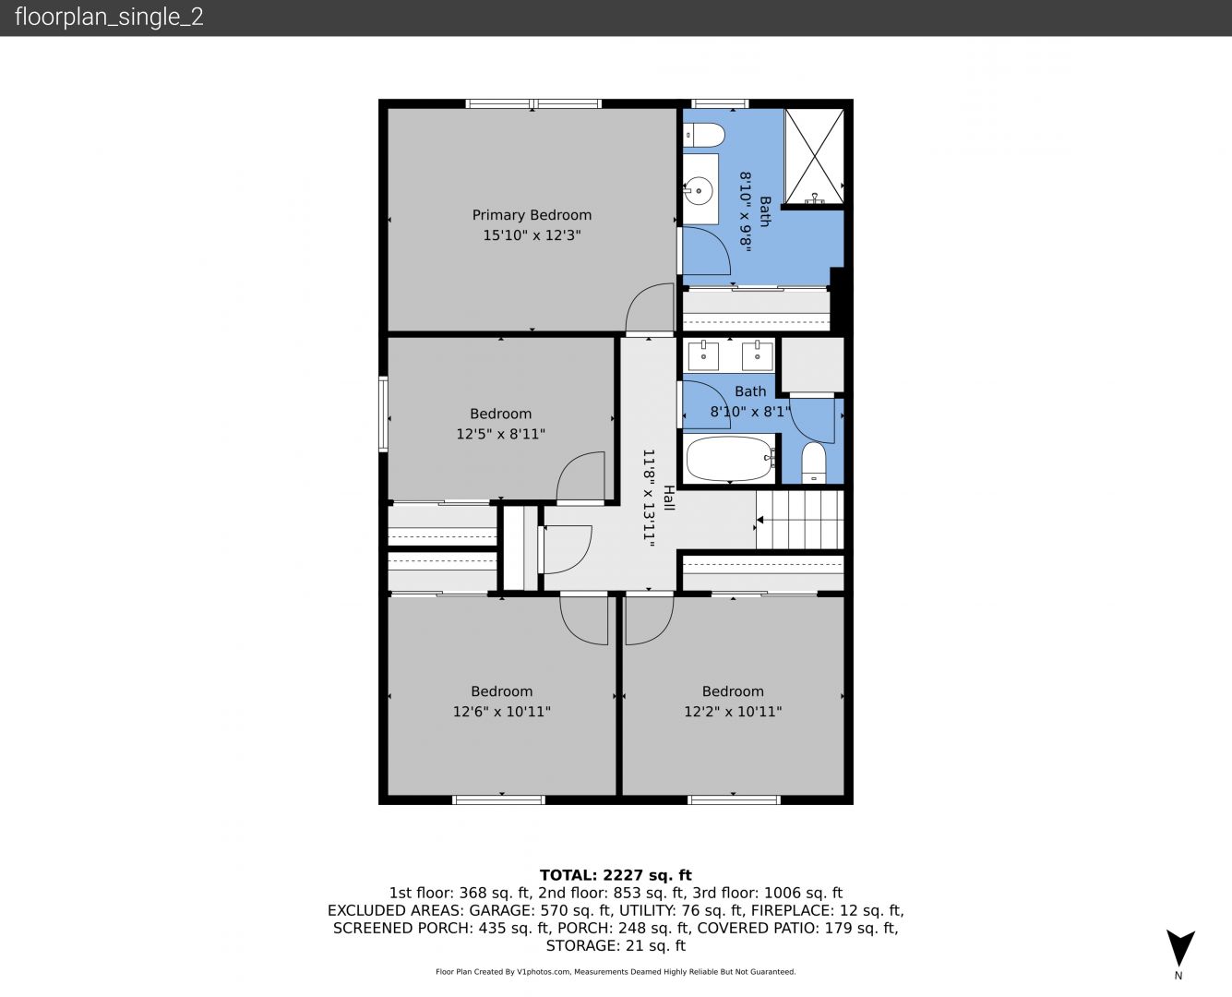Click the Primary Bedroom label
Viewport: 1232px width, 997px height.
pos(532,215)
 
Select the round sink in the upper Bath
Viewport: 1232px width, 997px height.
pos(699,190)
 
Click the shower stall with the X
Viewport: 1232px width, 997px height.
pos(814,156)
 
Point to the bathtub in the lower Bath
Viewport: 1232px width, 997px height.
pos(730,458)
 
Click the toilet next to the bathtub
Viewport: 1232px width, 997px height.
pos(814,462)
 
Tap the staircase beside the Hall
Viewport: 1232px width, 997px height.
pos(799,520)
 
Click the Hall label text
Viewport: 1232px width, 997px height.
pos(668,498)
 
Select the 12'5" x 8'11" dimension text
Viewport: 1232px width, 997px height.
pos(501,434)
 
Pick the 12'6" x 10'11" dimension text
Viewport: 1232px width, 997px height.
pos(501,712)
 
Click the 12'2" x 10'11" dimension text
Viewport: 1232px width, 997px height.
pos(733,712)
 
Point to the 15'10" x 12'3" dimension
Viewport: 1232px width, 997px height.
pos(532,235)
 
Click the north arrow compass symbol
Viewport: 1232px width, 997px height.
pos(1180,948)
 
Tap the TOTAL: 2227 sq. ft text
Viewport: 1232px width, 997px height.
pos(616,875)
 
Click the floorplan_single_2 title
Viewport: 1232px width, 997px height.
pos(109,18)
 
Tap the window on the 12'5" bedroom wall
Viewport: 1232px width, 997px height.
pos(383,414)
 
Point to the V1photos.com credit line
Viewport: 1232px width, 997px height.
pos(616,972)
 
